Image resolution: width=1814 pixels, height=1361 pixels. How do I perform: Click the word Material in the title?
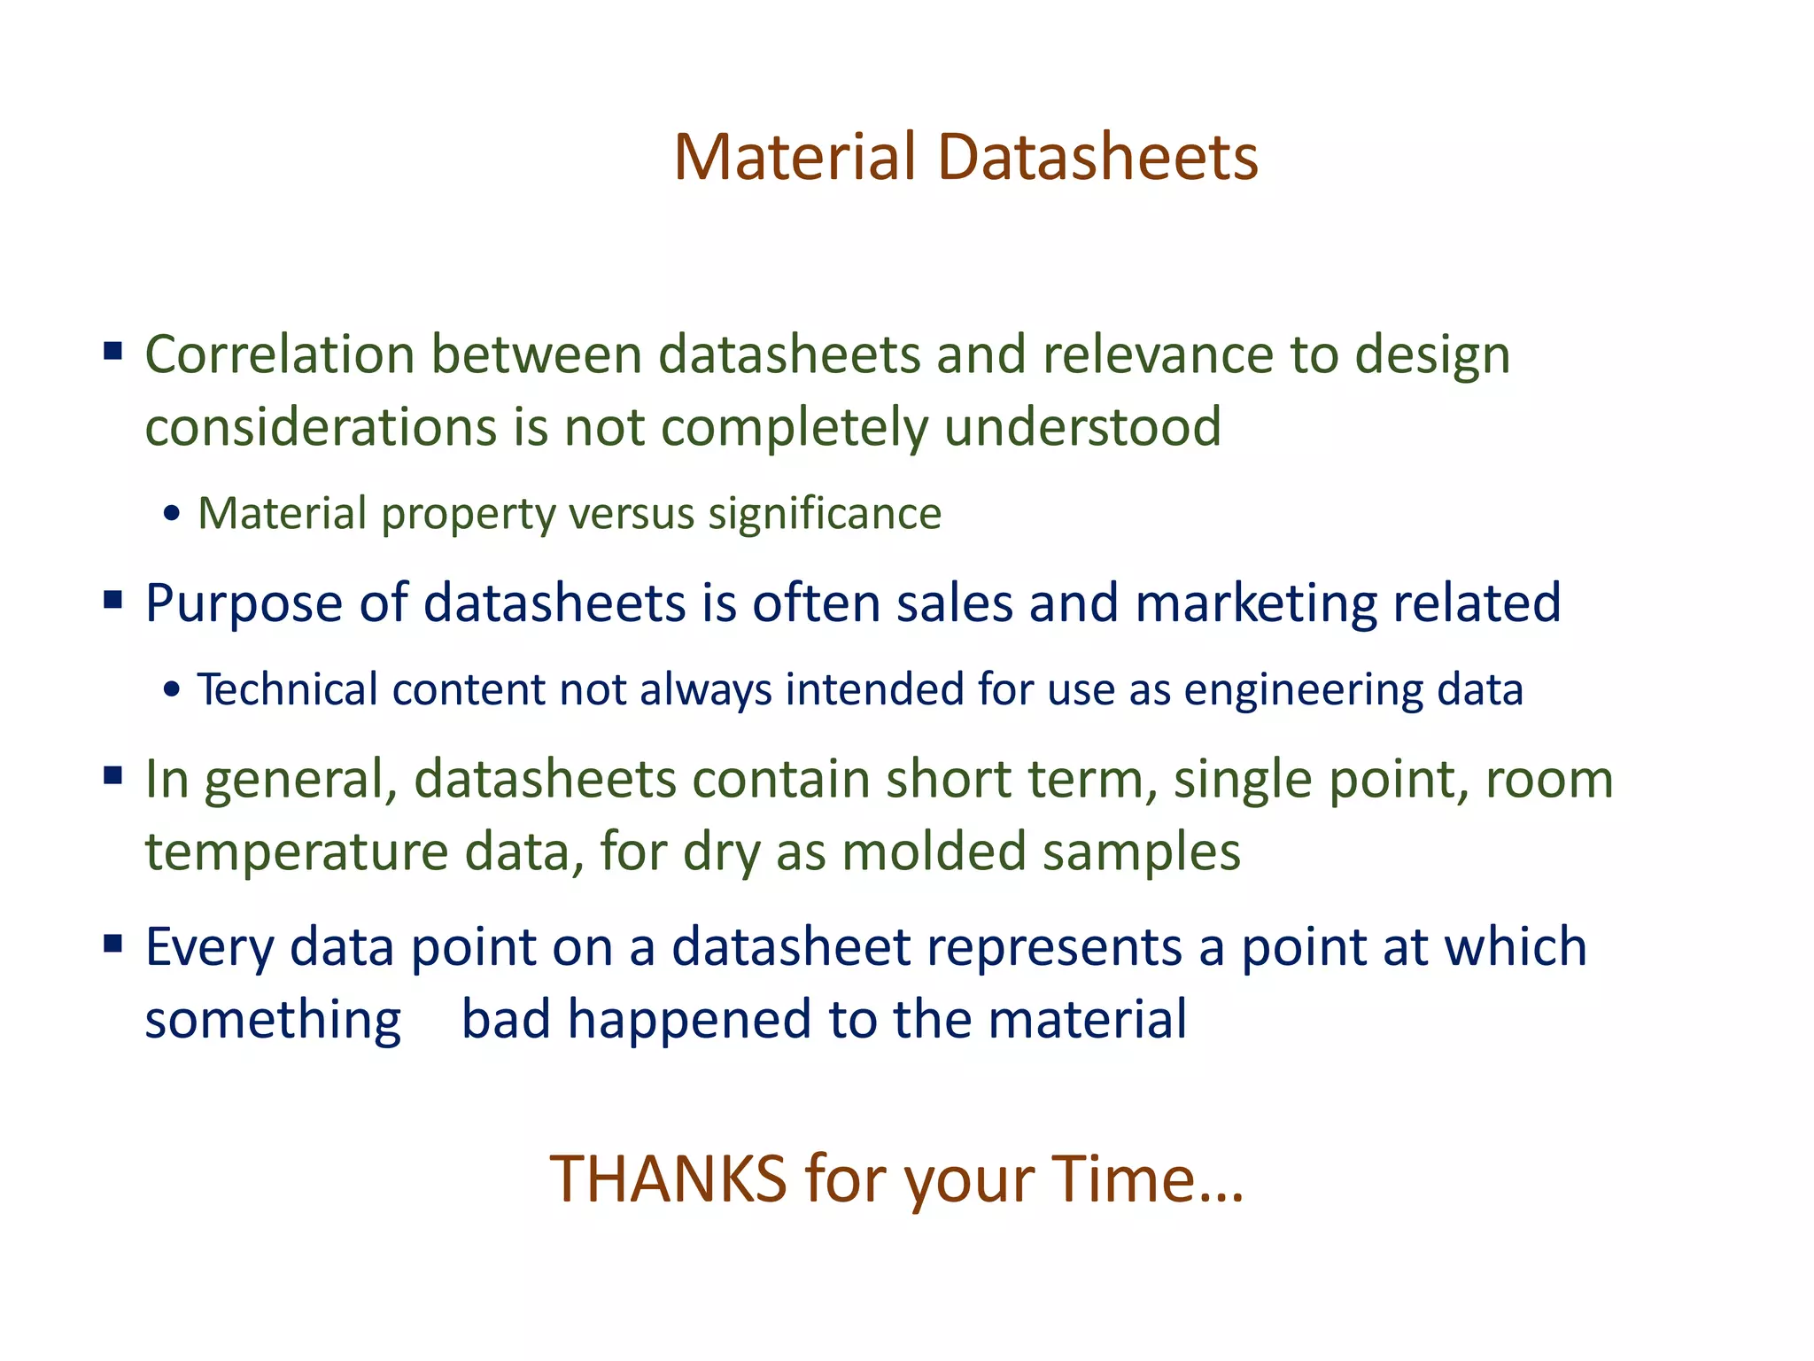[795, 158]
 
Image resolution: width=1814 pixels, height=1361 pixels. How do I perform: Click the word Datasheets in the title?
[1097, 158]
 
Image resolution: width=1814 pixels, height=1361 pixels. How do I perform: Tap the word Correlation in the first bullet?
[280, 355]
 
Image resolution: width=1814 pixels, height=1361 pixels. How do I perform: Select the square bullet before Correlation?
[112, 351]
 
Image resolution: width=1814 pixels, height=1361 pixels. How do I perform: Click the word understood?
[1082, 428]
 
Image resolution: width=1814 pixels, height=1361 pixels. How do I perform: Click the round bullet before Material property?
[173, 515]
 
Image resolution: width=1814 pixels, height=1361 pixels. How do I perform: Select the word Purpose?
[244, 605]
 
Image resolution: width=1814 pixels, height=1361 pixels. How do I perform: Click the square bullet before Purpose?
[112, 600]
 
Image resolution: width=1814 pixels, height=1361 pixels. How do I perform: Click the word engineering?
[1303, 691]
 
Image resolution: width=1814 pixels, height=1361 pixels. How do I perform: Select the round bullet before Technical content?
[173, 691]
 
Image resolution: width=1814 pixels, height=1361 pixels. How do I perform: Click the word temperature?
[297, 852]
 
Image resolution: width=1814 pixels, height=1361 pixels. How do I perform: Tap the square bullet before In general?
[112, 776]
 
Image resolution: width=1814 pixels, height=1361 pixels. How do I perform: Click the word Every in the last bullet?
[210, 948]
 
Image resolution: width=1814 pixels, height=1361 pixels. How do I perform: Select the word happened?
[689, 1020]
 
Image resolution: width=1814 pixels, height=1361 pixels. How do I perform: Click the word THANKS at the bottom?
[668, 1179]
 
